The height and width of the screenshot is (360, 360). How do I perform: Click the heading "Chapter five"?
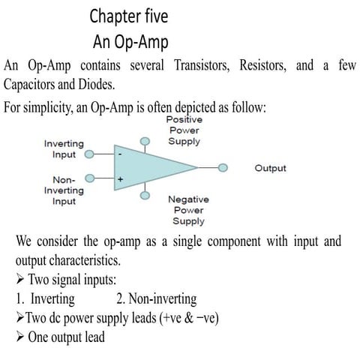pyautogui.click(x=130, y=16)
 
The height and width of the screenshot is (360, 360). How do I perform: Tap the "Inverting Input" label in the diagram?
pyautogui.click(x=64, y=148)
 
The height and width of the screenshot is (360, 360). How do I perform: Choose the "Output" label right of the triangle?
pyautogui.click(x=270, y=168)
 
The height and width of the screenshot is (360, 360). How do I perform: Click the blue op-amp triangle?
pyautogui.click(x=150, y=168)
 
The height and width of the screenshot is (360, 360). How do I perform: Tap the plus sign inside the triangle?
pyautogui.click(x=119, y=179)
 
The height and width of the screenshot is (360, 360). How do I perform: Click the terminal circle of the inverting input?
pyautogui.click(x=88, y=156)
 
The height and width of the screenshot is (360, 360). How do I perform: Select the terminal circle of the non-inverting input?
pyautogui.click(x=90, y=178)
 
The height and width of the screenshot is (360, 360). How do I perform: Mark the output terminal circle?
pyautogui.click(x=223, y=168)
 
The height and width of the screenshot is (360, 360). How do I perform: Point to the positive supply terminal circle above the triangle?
pyautogui.click(x=145, y=140)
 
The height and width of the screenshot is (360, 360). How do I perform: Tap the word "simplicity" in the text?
pyautogui.click(x=46, y=107)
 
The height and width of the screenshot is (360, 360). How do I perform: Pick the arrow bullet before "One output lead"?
pyautogui.click(x=20, y=337)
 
